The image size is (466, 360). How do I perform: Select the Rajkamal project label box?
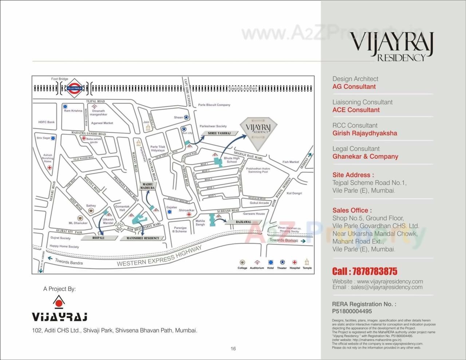pyautogui.click(x=244, y=222)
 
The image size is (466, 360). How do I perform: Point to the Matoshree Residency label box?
pyautogui.click(x=142, y=238)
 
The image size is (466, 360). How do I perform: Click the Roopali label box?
pyautogui.click(x=98, y=238)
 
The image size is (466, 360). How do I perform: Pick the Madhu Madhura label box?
pyautogui.click(x=148, y=186)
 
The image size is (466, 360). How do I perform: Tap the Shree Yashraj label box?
pyautogui.click(x=219, y=134)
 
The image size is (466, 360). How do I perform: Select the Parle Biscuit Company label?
pyautogui.click(x=214, y=105)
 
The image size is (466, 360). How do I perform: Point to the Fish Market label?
pyautogui.click(x=291, y=162)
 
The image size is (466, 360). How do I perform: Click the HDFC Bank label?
pyautogui.click(x=47, y=122)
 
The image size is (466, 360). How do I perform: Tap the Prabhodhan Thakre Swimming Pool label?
pyautogui.click(x=258, y=170)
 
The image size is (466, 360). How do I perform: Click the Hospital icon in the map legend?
pyautogui.click(x=295, y=262)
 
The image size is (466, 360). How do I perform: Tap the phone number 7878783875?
pyautogui.click(x=365, y=272)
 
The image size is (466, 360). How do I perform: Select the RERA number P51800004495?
pyautogui.click(x=352, y=311)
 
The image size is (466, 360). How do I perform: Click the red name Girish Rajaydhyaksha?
pyautogui.click(x=365, y=133)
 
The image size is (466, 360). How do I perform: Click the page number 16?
pyautogui.click(x=233, y=348)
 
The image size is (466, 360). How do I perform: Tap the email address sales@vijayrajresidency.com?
pyautogui.click(x=387, y=287)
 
